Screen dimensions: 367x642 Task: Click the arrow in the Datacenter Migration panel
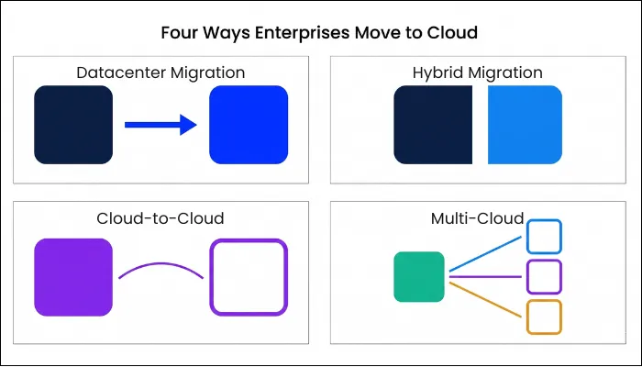160,124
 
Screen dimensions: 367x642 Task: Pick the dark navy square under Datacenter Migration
72,124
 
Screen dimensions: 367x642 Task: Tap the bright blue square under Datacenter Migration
249,124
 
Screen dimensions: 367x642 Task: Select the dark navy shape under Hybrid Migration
432,125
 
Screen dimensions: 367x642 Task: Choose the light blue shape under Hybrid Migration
525,125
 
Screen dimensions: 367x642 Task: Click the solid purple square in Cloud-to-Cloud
72,278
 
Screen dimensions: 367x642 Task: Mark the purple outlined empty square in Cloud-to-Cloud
249,278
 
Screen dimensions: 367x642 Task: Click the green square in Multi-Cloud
419,276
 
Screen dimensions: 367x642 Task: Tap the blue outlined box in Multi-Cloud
544,237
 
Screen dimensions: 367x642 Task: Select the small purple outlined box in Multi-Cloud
544,276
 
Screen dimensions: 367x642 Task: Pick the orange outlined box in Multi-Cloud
544,317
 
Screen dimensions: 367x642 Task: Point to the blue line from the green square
486,254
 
